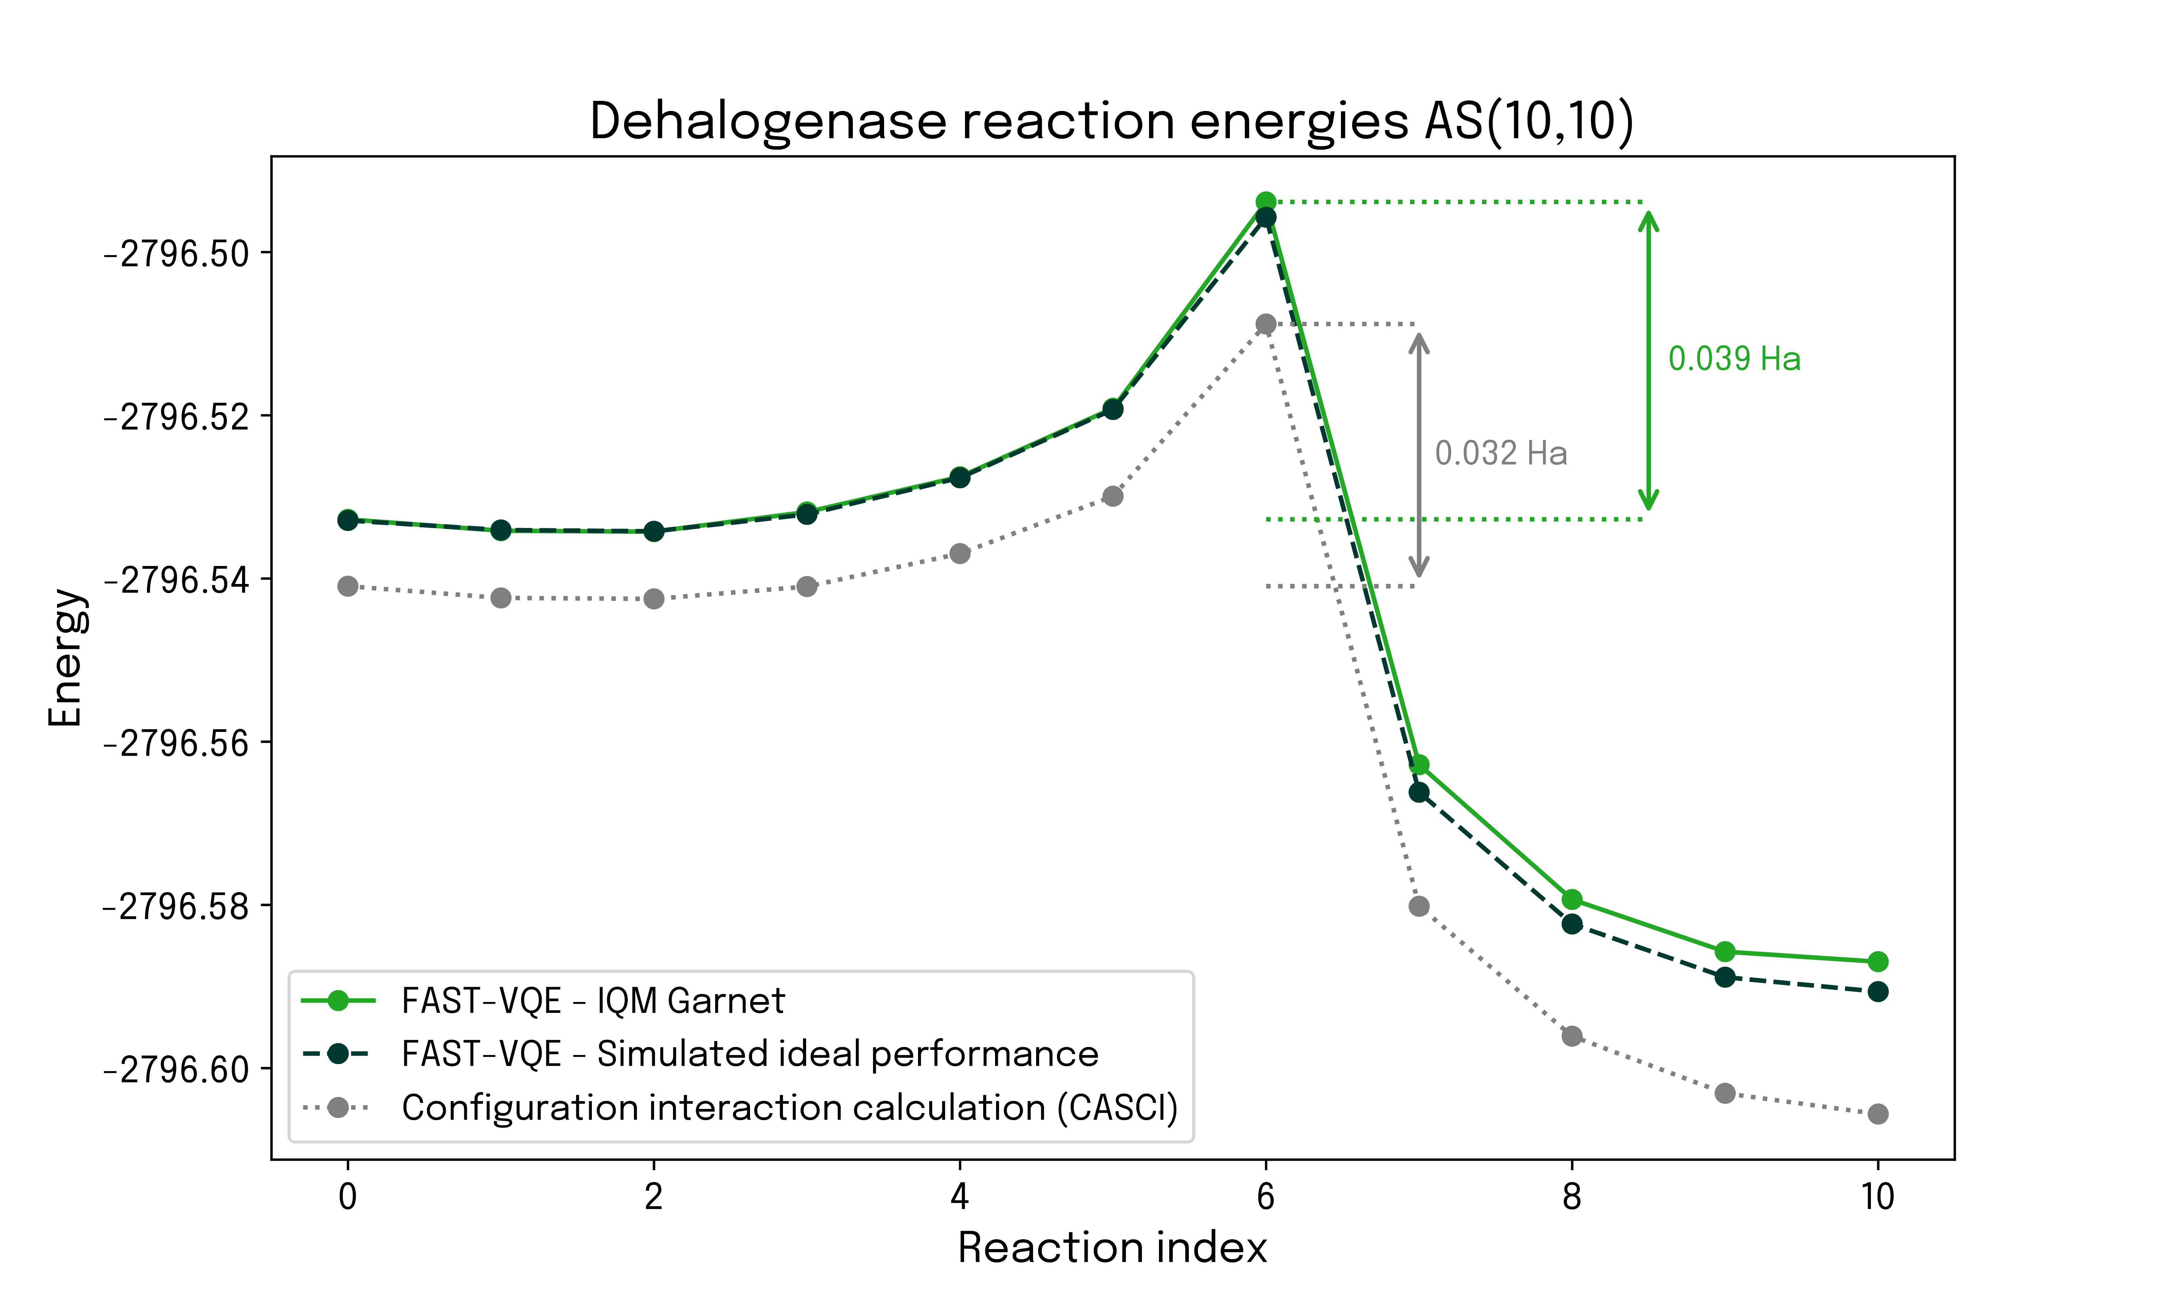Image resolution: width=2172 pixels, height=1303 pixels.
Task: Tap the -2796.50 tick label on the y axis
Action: (x=175, y=254)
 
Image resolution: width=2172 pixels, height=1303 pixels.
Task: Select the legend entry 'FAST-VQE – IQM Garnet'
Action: (x=593, y=1001)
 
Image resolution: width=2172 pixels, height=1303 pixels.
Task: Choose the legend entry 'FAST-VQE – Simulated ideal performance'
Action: (x=749, y=1054)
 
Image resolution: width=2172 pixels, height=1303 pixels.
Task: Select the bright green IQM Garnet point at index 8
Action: (x=1572, y=899)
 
